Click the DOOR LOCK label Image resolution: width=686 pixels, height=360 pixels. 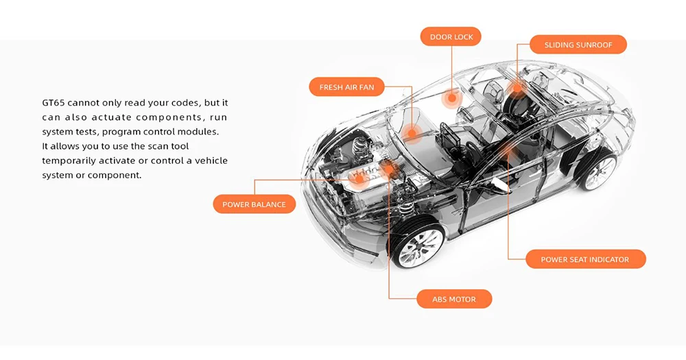pos(451,37)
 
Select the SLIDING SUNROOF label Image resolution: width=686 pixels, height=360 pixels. pos(578,45)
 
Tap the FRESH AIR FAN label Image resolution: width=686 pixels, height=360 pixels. pos(346,87)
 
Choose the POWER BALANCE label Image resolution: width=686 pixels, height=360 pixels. pos(255,204)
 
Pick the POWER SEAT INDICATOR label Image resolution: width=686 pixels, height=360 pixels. pos(585,259)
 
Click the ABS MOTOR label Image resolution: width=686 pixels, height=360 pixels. pos(454,299)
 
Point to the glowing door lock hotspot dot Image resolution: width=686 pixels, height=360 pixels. pos(451,99)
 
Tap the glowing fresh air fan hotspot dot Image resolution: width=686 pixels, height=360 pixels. pos(411,133)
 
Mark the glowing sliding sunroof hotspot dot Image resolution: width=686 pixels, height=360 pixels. pos(517,88)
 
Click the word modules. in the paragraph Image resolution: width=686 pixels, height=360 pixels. pos(200,132)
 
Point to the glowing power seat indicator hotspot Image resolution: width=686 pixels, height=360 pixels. pos(508,150)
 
